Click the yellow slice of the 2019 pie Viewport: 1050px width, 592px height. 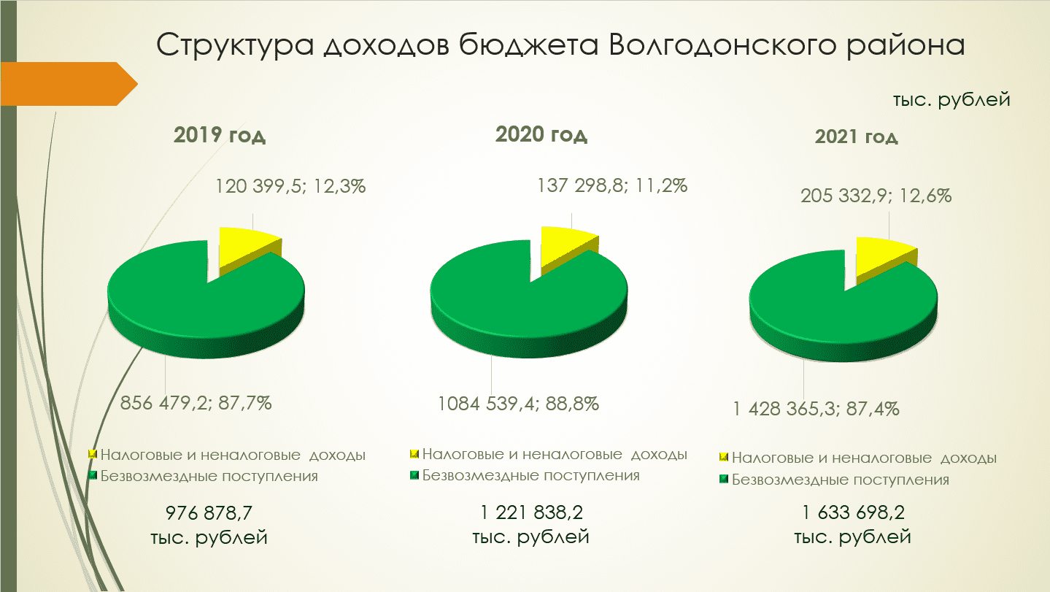tap(246, 249)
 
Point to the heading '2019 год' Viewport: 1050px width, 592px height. tap(220, 135)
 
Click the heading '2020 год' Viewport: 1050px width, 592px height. tap(541, 134)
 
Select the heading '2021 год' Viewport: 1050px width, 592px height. tap(856, 137)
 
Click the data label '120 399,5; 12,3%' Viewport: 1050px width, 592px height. tap(290, 186)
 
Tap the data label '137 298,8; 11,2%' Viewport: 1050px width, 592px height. tap(611, 185)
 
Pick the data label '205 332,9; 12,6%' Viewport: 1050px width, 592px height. tap(876, 196)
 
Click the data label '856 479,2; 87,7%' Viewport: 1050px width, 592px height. tap(196, 403)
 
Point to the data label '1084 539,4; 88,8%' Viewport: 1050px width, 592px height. tap(518, 404)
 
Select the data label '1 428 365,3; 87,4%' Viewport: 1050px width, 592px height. tap(816, 409)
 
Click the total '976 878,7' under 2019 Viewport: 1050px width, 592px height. tap(209, 512)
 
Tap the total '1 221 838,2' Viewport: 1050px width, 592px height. tap(531, 512)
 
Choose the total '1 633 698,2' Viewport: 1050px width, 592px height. tap(853, 512)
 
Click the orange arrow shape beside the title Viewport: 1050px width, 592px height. tap(69, 84)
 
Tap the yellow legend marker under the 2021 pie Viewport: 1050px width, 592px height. tap(724, 457)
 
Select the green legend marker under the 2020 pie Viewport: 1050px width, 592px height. tap(414, 475)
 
